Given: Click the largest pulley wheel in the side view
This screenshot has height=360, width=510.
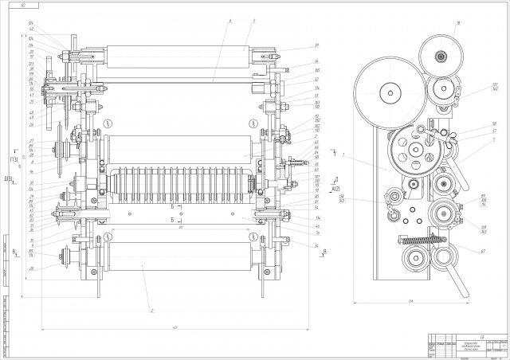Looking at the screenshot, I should pos(390,94).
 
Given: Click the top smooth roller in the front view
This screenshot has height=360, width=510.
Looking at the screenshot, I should pos(178,58).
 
